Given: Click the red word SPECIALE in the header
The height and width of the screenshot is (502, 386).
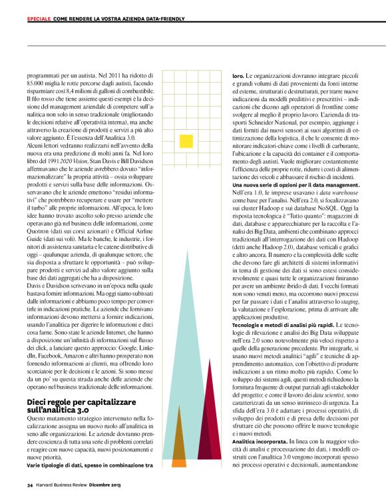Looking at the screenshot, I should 39,19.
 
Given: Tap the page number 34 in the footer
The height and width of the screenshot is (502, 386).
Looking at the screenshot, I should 30,485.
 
